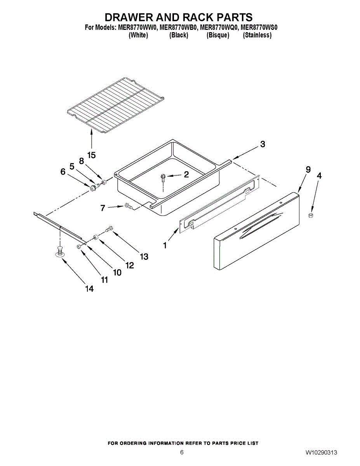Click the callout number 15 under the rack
(92, 155)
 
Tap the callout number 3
(263, 144)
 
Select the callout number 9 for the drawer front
(308, 170)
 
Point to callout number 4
(319, 176)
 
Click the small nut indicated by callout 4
(311, 215)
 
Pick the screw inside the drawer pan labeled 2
(163, 178)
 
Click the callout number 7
(103, 208)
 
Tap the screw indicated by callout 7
(128, 206)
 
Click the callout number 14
(89, 289)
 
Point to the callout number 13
(144, 256)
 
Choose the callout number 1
(165, 245)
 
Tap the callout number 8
(82, 161)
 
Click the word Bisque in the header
(218, 35)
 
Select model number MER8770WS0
(259, 28)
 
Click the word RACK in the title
(197, 17)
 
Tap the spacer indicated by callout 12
(95, 237)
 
